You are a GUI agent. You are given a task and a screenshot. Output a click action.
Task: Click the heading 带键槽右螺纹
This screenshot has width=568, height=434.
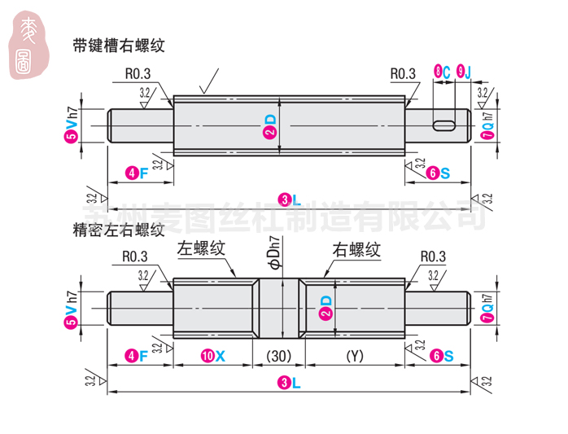point(119,46)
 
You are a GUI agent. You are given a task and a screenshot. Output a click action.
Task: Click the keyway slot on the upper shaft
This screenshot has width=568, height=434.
point(444,125)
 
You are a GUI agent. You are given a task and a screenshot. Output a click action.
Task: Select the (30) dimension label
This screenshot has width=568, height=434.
point(279,355)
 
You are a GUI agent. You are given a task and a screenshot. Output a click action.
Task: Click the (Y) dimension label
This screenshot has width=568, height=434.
point(354,355)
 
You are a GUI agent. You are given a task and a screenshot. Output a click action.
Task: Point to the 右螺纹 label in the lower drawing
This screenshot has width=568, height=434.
point(356,249)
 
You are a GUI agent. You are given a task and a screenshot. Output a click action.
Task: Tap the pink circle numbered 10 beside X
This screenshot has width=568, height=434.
point(209,356)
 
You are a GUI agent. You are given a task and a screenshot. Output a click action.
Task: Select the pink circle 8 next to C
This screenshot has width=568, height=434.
point(440,72)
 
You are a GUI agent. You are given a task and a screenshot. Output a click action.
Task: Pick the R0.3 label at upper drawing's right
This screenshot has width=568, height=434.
point(402,74)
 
